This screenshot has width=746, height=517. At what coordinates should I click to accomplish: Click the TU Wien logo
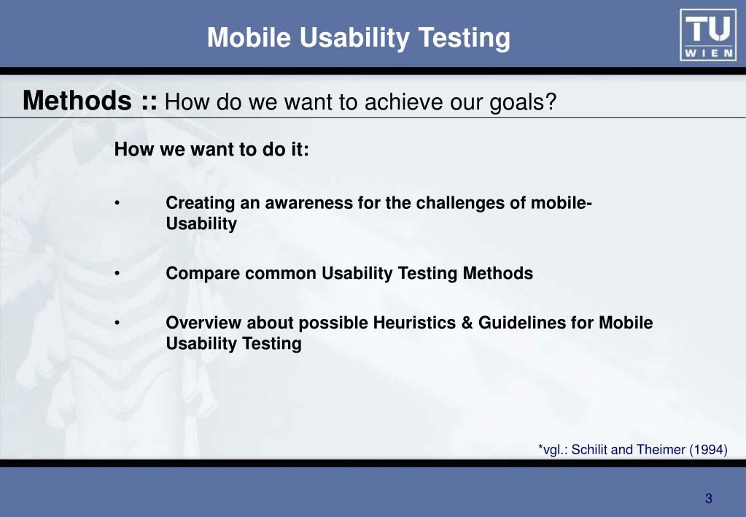click(708, 35)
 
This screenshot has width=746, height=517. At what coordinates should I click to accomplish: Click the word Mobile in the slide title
click(249, 37)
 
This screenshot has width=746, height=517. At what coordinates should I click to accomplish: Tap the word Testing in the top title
click(465, 38)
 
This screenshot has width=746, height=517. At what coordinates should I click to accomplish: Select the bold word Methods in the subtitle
click(77, 100)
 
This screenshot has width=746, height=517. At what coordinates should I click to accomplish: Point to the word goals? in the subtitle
click(524, 102)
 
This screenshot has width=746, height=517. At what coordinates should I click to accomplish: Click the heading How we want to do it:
click(211, 149)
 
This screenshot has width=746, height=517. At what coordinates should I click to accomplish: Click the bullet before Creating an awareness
click(117, 204)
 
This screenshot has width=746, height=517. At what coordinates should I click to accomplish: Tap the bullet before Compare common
click(117, 274)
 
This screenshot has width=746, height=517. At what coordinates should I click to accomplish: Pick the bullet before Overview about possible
click(117, 323)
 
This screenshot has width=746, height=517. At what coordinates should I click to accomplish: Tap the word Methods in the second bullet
click(497, 273)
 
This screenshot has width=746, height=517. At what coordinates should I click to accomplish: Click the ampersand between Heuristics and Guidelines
click(467, 323)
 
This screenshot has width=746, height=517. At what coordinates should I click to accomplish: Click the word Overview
click(203, 323)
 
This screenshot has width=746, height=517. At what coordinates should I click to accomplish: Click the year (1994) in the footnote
click(708, 449)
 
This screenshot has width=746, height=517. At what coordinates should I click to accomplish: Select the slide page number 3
click(708, 499)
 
